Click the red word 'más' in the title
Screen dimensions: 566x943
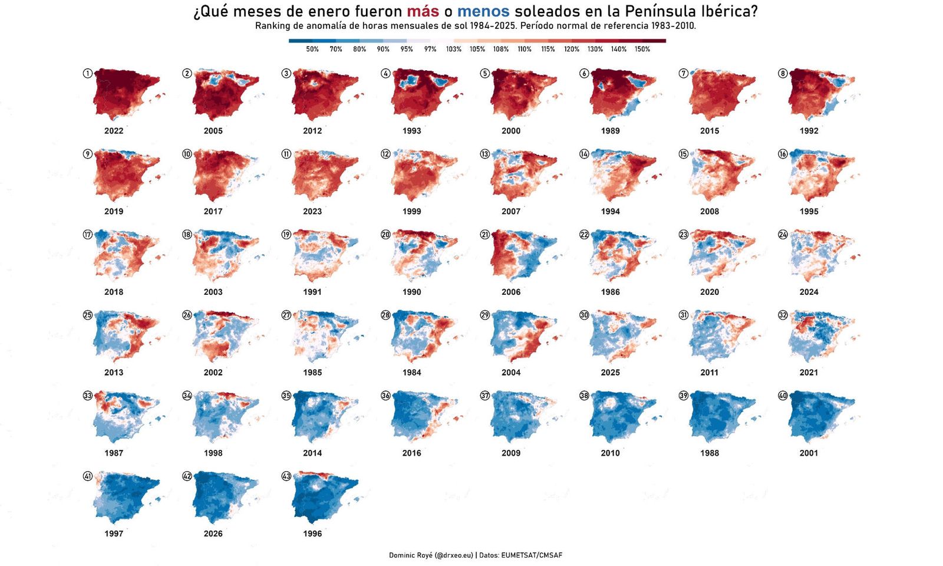(x=423, y=11)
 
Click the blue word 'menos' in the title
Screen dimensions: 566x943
(x=483, y=11)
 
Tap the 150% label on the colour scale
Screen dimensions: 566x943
(x=642, y=50)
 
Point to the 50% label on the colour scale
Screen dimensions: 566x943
(x=312, y=50)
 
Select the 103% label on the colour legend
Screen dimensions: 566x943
(x=454, y=50)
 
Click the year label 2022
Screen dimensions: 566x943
(x=114, y=131)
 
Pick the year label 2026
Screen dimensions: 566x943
(x=213, y=534)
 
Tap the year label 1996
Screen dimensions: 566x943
(x=312, y=534)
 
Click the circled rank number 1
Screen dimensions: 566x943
(x=88, y=73)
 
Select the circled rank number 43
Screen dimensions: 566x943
(x=286, y=476)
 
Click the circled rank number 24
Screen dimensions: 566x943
(x=783, y=234)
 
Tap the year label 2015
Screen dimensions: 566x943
(x=710, y=131)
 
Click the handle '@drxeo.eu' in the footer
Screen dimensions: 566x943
(x=453, y=555)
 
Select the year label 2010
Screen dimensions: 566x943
(x=610, y=453)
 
